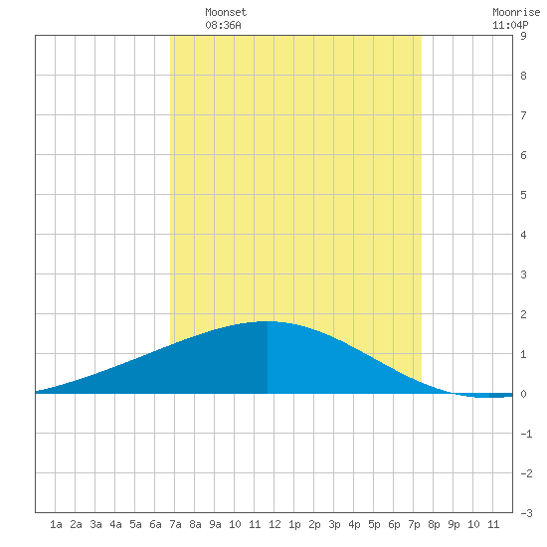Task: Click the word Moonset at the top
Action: coord(226,12)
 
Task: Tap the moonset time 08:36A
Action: coord(223,25)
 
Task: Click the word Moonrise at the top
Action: coord(516,12)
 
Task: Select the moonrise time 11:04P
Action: coord(510,25)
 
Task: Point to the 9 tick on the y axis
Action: coord(523,36)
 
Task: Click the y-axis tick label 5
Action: coord(523,195)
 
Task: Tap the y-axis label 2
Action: coord(523,314)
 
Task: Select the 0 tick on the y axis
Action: coord(523,394)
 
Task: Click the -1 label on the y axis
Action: coord(526,434)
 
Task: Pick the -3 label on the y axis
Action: coord(526,513)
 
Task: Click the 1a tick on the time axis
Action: coord(56,524)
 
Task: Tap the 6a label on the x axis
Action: coord(155,524)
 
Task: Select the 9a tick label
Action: coord(215,524)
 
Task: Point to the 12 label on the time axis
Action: coord(274,524)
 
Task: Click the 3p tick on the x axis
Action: coord(334,524)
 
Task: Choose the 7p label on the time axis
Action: coord(414,524)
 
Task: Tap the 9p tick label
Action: coord(454,524)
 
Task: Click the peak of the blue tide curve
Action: coord(267,321)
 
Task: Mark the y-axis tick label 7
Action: coord(523,115)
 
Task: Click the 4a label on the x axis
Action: coord(115,524)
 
